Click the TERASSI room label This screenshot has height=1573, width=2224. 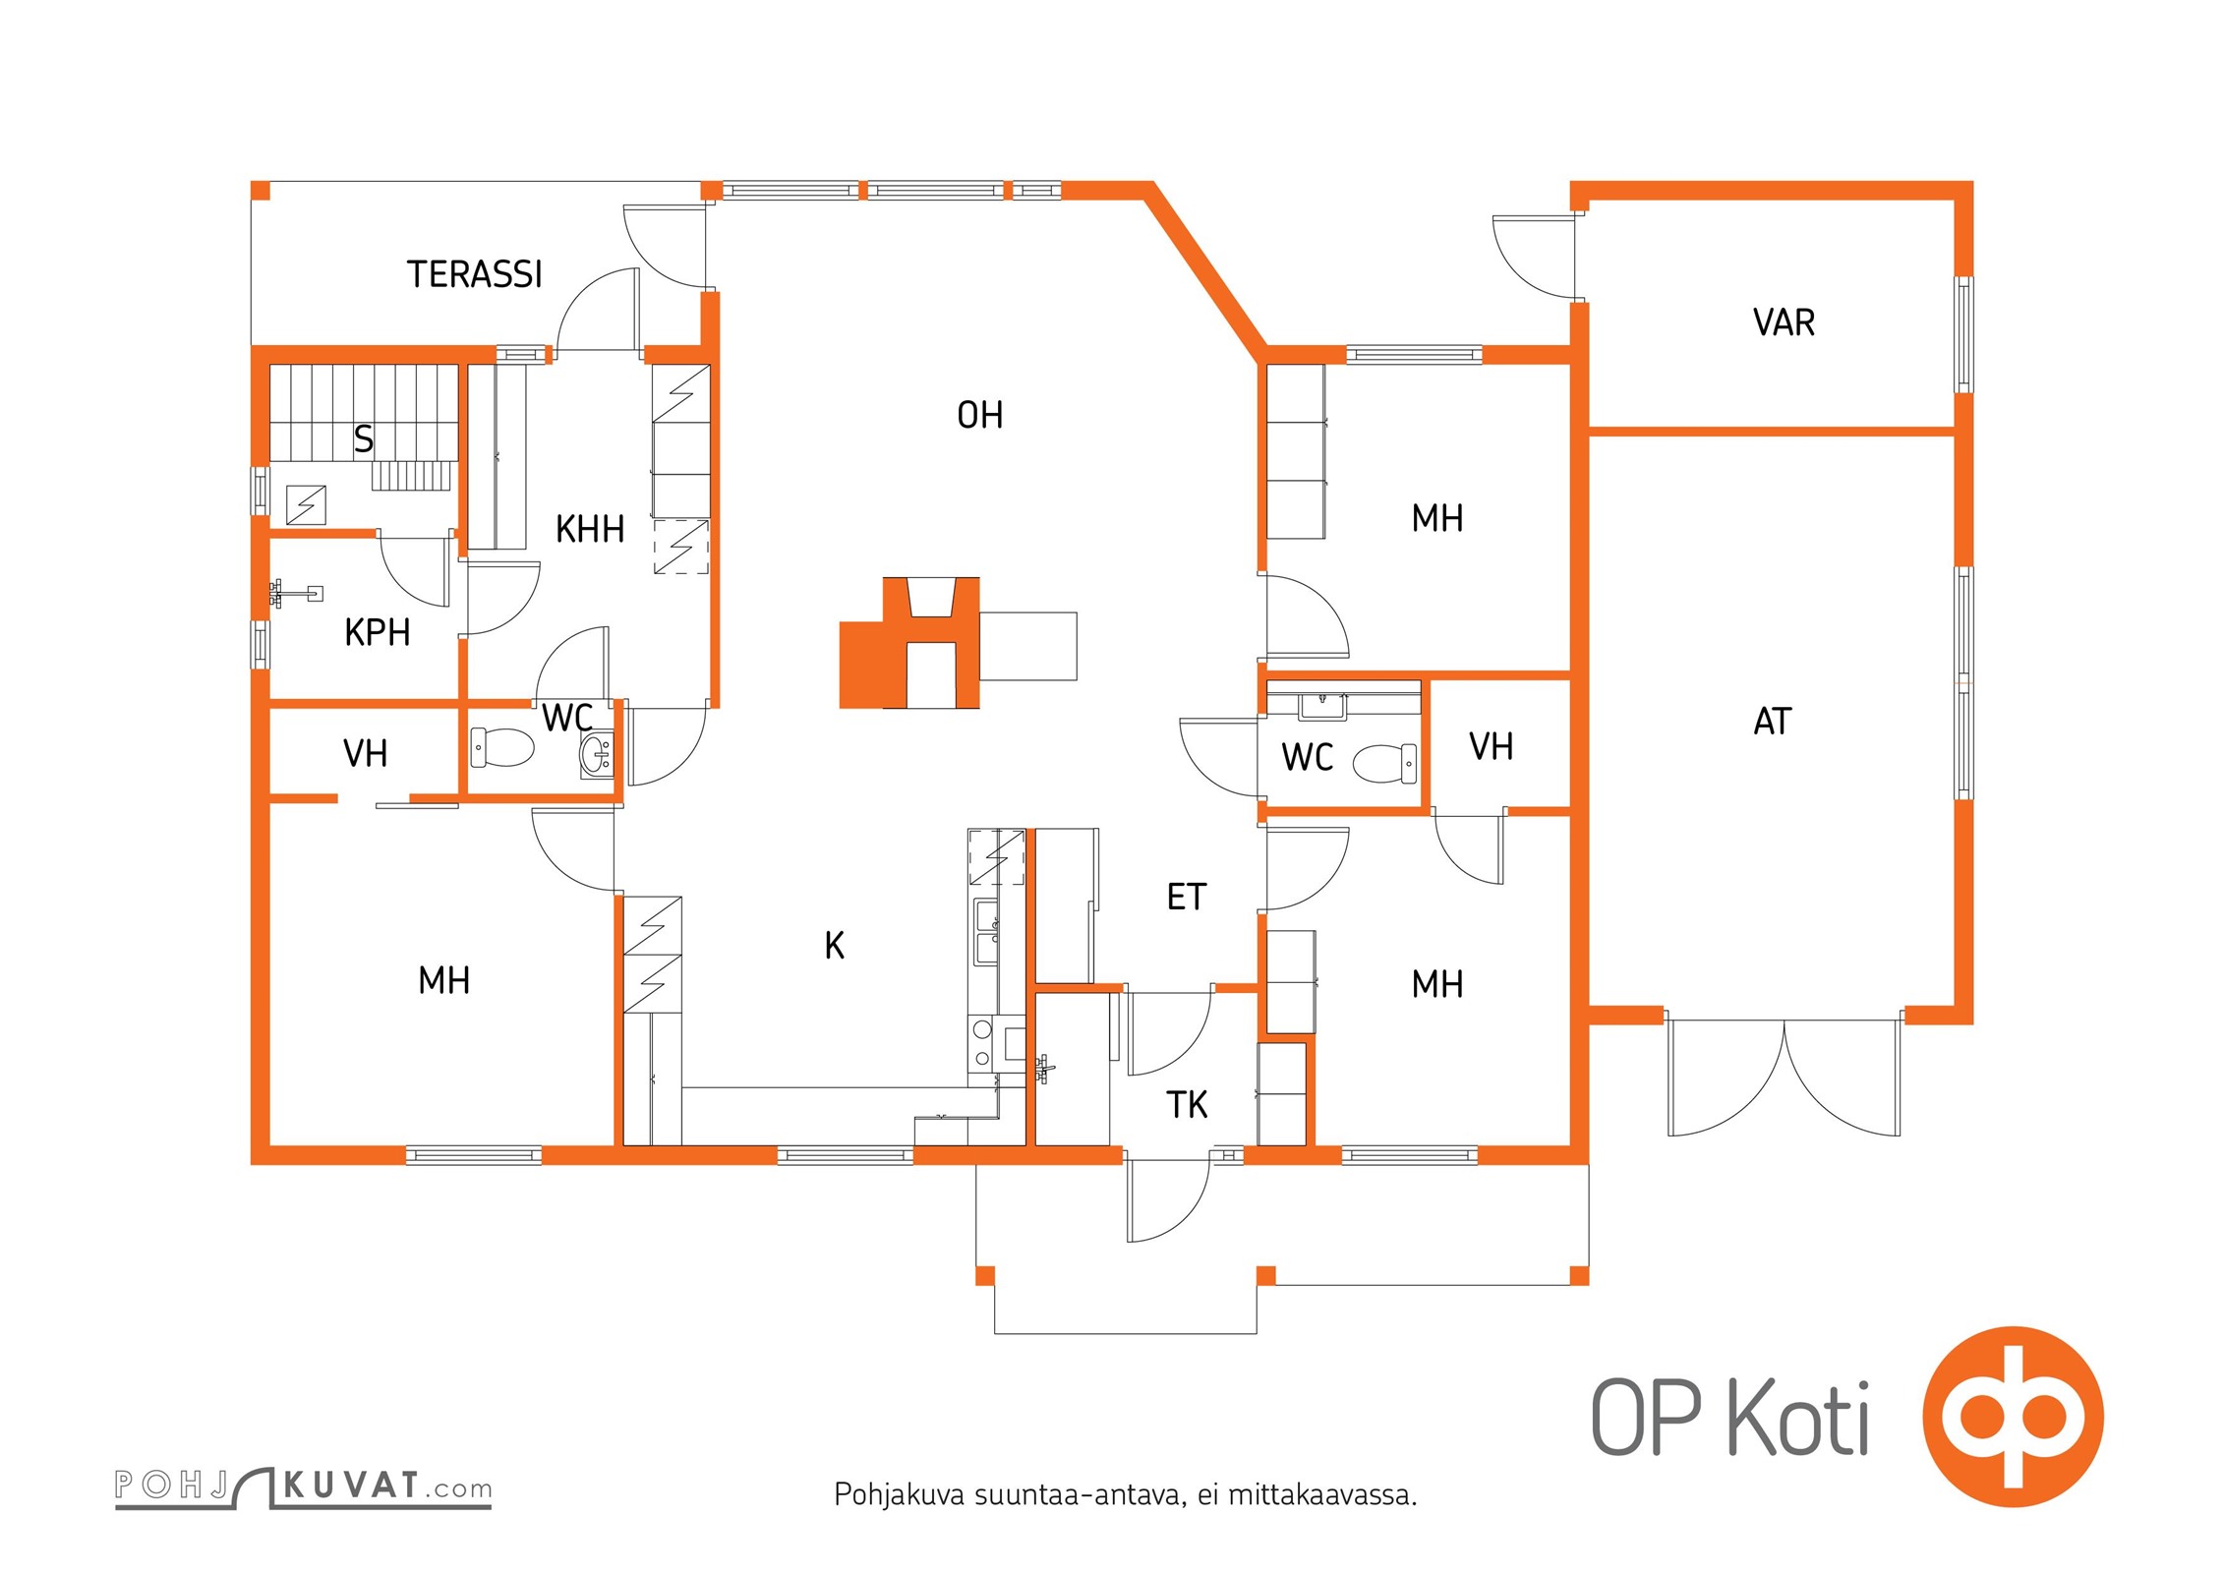[x=474, y=274]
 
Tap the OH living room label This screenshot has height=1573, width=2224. [x=979, y=415]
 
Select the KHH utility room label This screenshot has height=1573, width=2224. [x=590, y=529]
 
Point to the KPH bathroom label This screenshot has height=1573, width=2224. [x=377, y=632]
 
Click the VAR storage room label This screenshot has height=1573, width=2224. [x=1784, y=322]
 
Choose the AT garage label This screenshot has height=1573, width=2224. [x=1773, y=722]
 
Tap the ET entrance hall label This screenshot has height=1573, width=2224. [x=1186, y=897]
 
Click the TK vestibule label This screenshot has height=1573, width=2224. [x=1187, y=1105]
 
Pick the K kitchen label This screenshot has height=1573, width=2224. [x=834, y=946]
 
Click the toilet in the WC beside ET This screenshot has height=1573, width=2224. [x=1384, y=763]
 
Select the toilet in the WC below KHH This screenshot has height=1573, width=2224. [x=502, y=748]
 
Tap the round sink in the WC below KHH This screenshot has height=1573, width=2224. [x=596, y=755]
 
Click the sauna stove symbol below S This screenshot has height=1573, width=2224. [x=306, y=504]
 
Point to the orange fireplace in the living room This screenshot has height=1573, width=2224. [x=909, y=643]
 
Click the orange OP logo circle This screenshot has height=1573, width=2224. [x=2013, y=1417]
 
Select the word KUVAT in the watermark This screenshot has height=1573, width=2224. [x=352, y=1485]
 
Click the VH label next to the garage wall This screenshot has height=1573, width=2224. [x=1491, y=747]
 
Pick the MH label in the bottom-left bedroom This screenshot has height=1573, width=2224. [x=443, y=980]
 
